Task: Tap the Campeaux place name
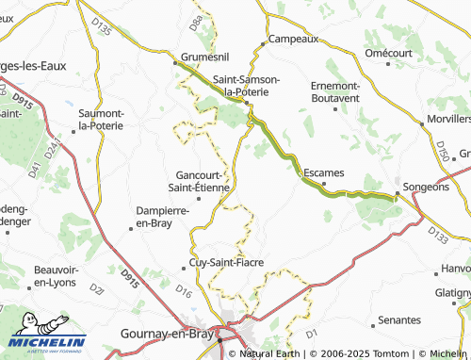pyautogui.click(x=295, y=40)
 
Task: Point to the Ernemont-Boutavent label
pyautogui.click(x=334, y=91)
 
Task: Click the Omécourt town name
pyautogui.click(x=390, y=53)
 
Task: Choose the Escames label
pyautogui.click(x=326, y=173)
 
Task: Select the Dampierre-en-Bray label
pyautogui.click(x=165, y=217)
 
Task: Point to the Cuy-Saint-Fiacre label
pyautogui.click(x=226, y=263)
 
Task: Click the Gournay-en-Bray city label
pyautogui.click(x=167, y=334)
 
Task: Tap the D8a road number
pyautogui.click(x=196, y=18)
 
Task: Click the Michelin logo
pyautogui.click(x=47, y=335)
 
